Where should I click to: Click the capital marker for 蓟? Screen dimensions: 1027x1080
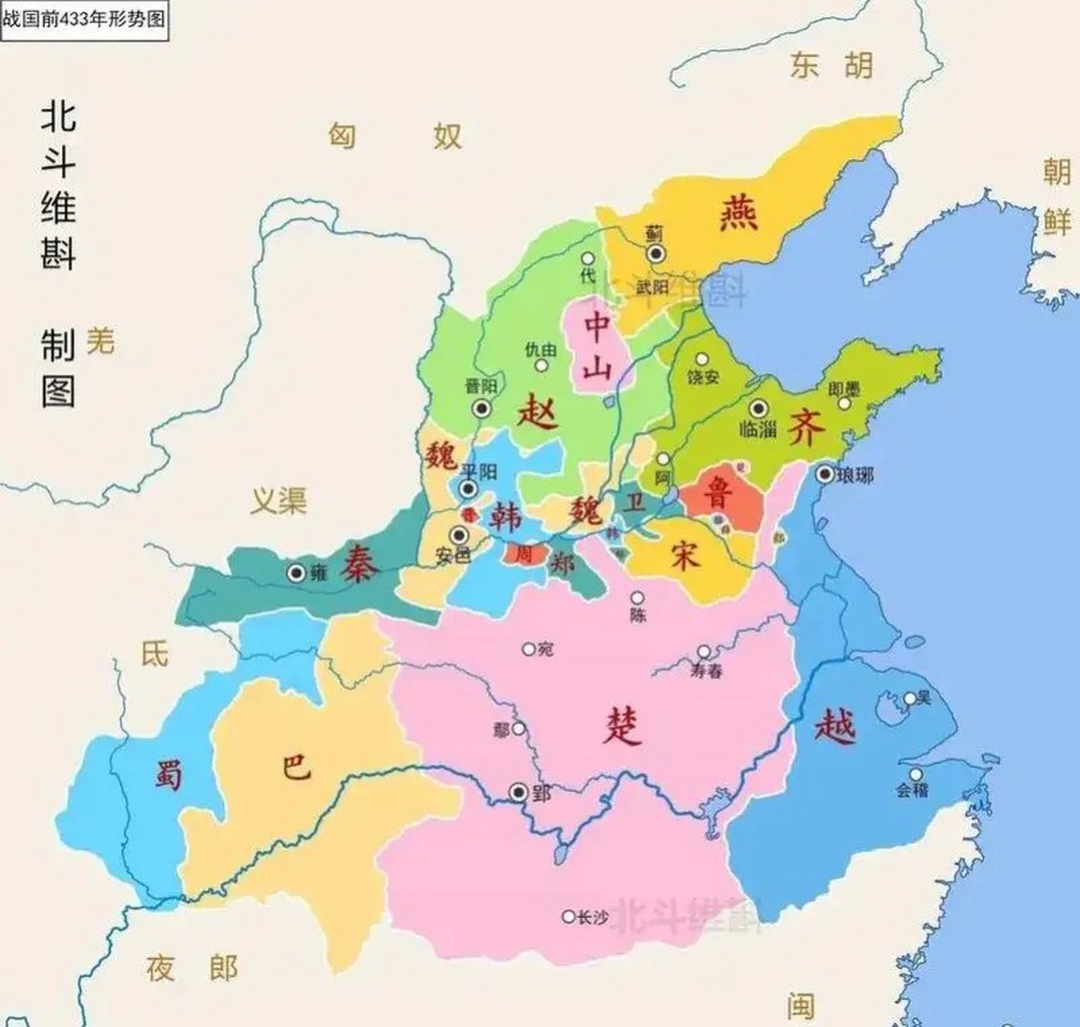656,254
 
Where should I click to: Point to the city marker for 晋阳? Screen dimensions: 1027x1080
482,408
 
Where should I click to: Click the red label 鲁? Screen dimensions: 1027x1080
717,493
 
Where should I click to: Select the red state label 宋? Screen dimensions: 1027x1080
684,555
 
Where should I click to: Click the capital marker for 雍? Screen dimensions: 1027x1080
297,572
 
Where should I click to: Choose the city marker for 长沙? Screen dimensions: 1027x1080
568,916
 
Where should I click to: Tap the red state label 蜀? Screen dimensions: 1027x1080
169,776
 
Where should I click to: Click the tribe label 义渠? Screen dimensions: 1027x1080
278,501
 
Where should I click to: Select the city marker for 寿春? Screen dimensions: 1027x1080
704,652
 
